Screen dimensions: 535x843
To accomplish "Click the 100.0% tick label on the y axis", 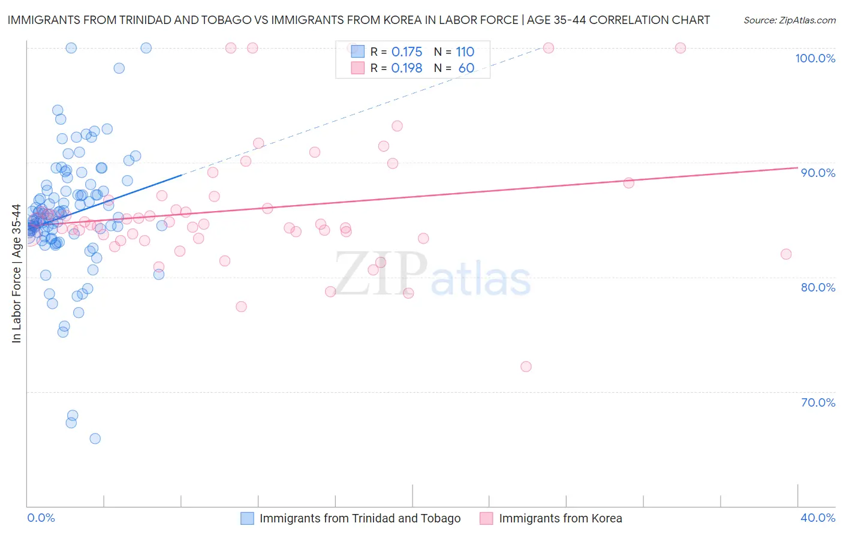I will tap(815, 58).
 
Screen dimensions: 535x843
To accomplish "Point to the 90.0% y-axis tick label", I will tap(818, 173).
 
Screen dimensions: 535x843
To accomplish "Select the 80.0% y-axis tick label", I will tap(818, 287).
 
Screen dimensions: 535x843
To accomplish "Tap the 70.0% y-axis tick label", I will tap(818, 402).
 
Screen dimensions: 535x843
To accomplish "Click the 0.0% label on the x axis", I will tap(41, 518).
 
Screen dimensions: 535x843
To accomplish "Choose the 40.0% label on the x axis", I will tap(818, 518).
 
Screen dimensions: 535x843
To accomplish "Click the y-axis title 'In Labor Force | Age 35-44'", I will tap(16, 273).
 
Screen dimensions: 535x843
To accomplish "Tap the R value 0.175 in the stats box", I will tap(407, 52).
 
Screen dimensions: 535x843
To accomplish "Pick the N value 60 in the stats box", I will tap(466, 68).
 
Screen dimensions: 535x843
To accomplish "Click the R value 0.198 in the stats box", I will tap(407, 68).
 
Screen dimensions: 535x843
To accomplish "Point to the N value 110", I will tap(465, 52).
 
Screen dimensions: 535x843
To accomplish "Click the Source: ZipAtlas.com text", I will tap(789, 20).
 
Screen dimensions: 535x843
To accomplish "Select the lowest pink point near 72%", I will tap(526, 366).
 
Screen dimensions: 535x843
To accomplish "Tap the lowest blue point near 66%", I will tap(95, 438).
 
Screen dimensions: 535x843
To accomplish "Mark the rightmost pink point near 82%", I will tap(786, 254).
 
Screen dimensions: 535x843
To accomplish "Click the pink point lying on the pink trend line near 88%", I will tap(628, 183).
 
